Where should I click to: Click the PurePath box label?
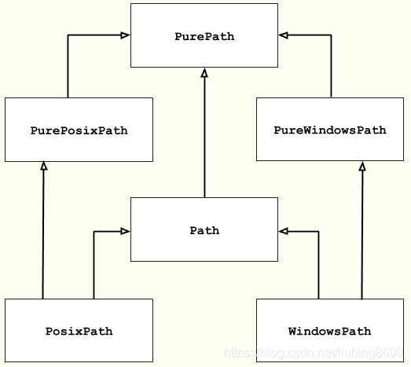(x=204, y=36)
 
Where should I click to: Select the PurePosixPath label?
(x=79, y=130)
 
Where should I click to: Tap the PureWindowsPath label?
(x=330, y=130)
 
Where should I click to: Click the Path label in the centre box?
(x=204, y=230)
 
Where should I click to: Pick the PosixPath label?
(x=79, y=331)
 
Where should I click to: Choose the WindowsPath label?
(x=330, y=331)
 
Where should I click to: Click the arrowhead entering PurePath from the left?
(x=125, y=35)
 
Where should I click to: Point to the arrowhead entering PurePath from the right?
(x=283, y=35)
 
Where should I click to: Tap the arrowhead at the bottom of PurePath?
(x=204, y=72)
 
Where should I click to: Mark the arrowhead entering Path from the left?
(x=125, y=231)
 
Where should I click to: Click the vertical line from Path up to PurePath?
(x=204, y=134)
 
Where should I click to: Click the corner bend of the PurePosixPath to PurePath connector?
(x=68, y=35)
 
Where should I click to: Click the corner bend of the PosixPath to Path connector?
(x=94, y=231)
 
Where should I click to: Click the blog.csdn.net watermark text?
(x=314, y=354)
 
